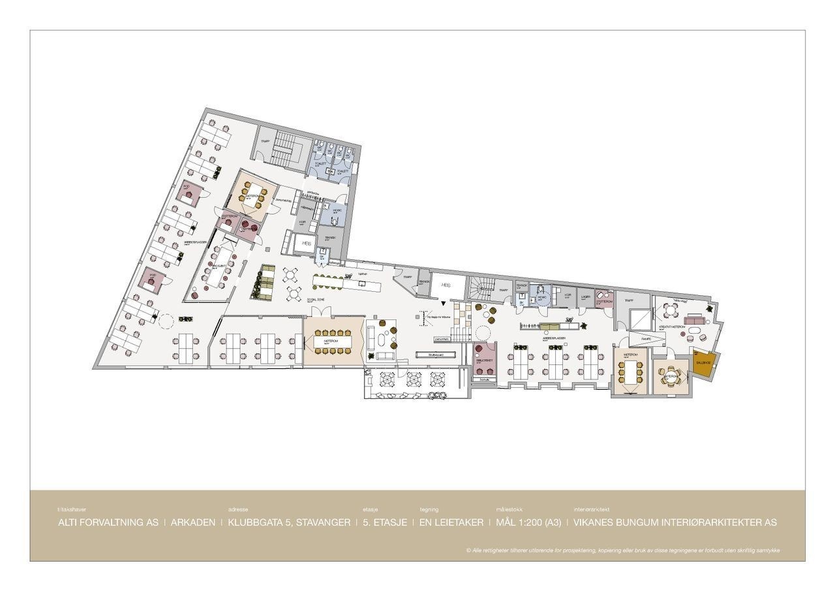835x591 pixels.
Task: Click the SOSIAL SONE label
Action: point(317,298)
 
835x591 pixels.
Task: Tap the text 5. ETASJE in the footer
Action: point(385,522)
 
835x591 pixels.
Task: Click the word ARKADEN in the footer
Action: point(192,522)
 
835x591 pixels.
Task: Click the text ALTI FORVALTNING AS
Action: point(108,522)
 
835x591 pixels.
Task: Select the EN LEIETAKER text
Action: point(451,522)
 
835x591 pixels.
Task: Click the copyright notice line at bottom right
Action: point(623,551)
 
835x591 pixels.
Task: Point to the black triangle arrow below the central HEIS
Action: point(444,304)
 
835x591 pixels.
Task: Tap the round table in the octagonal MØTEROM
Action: point(671,377)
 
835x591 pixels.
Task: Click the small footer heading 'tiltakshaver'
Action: point(72,509)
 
